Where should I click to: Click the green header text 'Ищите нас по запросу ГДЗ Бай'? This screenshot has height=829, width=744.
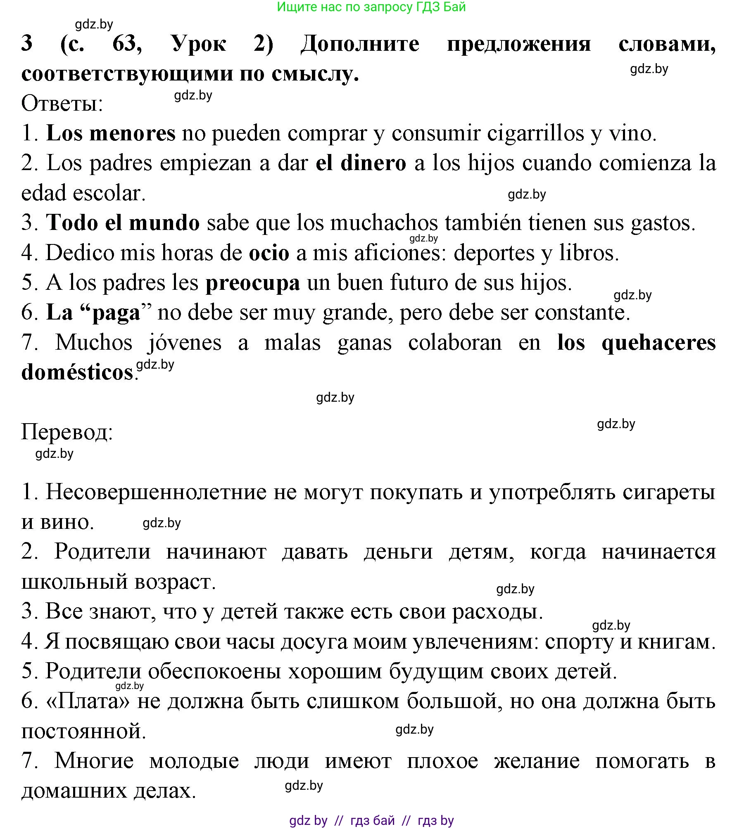point(371,7)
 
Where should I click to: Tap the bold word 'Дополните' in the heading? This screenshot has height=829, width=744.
point(360,44)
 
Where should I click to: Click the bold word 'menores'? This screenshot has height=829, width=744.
point(132,133)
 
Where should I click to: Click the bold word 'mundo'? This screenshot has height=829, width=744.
point(164,223)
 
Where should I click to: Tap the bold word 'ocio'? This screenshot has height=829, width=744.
point(269,253)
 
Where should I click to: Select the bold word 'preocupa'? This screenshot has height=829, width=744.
point(252,283)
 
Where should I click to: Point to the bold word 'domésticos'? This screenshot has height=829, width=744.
point(77,373)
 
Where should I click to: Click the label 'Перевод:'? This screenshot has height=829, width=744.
point(67,432)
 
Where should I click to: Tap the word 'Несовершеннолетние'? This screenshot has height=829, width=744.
point(156,492)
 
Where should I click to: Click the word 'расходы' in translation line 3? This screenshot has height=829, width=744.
point(497,611)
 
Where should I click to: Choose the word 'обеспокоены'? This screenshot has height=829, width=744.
point(214,671)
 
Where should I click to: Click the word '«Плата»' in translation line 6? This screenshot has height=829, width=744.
point(88,701)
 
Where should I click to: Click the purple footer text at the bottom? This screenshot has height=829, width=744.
point(371,820)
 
